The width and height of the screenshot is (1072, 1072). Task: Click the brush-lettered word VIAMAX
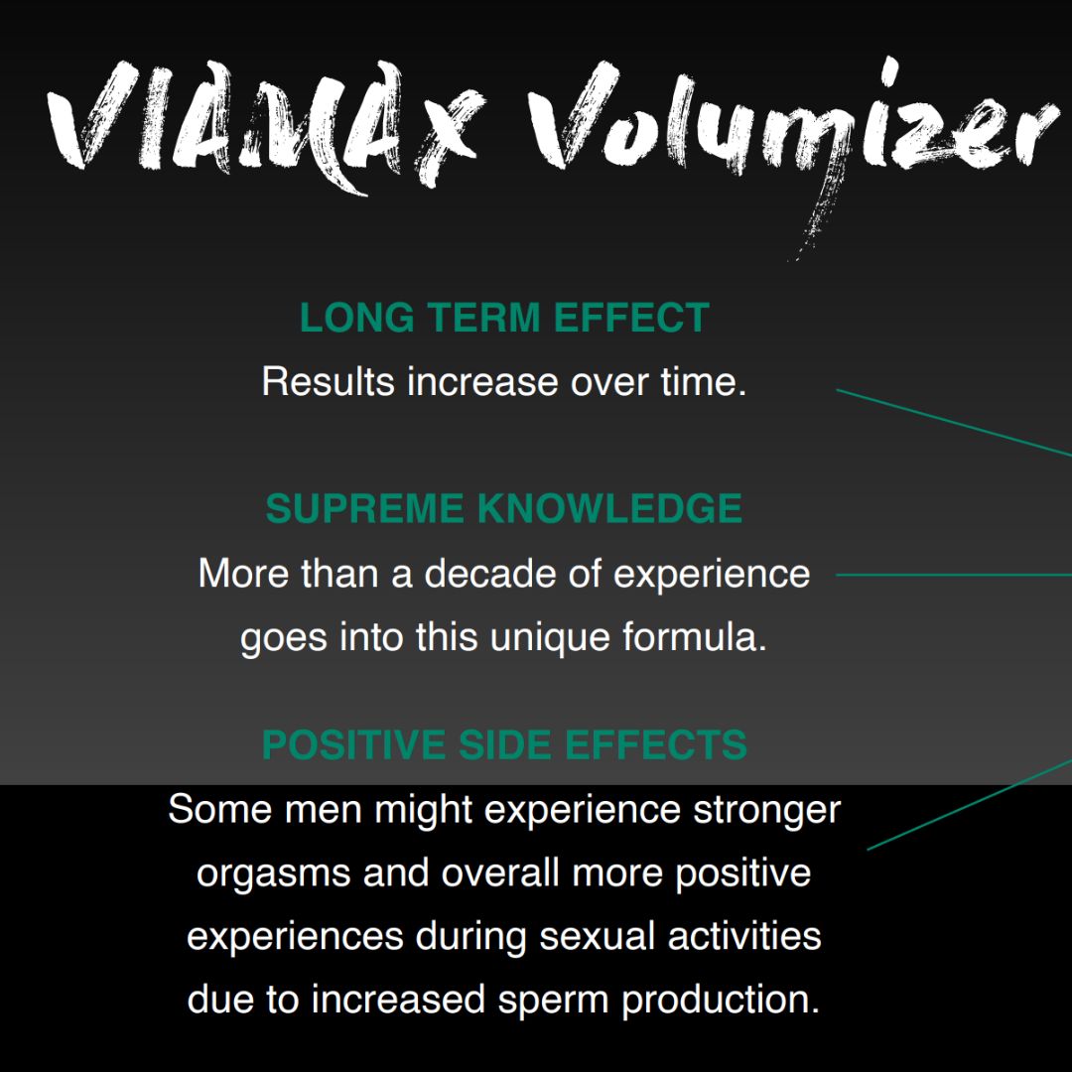point(268,124)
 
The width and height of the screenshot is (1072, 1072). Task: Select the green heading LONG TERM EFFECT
point(504,319)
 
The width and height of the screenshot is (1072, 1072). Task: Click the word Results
point(329,382)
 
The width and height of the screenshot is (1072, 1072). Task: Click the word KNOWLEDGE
point(609,509)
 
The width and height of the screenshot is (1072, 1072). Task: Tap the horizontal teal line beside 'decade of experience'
point(953,574)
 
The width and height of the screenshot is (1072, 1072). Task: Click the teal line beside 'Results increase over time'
point(953,423)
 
